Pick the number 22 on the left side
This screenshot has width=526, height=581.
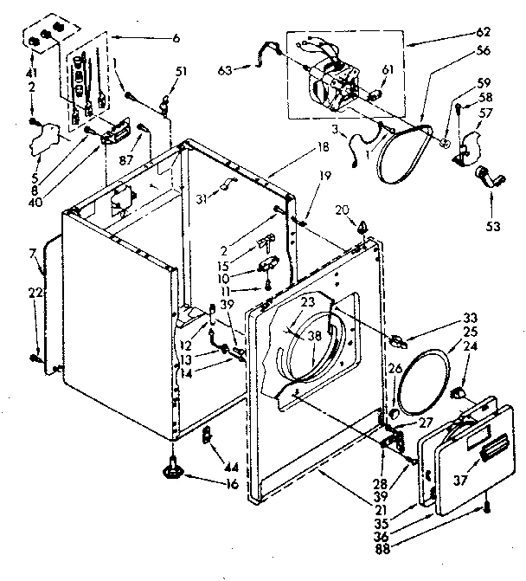[x=34, y=294]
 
